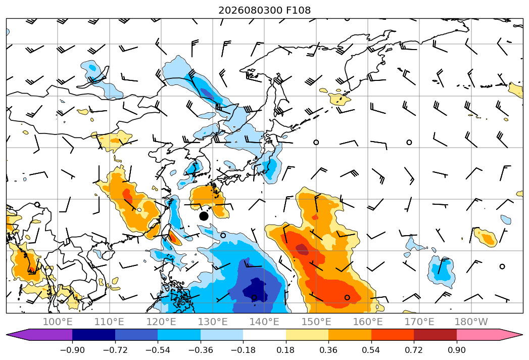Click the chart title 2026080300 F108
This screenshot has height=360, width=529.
coord(265,10)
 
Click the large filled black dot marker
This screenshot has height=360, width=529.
coord(204,216)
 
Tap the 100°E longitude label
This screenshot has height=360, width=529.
coord(58,322)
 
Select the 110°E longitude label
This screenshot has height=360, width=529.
coord(109,322)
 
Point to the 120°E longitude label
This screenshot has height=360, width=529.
coord(161,322)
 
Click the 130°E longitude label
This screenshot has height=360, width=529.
coord(213,322)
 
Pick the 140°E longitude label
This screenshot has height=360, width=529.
coord(265,322)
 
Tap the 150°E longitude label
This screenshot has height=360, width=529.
coord(316,322)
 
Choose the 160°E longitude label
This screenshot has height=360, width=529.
coord(368,322)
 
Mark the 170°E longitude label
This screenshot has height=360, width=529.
coord(419,322)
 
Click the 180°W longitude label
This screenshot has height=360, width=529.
coord(471,322)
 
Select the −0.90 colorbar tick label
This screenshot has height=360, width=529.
coord(72,350)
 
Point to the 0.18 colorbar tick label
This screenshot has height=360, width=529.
coord(286,350)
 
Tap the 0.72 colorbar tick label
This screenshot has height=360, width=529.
coord(414,350)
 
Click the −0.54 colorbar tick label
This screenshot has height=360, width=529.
coord(158,350)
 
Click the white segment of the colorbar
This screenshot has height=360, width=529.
coord(265,334)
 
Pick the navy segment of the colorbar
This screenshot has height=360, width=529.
coord(93,334)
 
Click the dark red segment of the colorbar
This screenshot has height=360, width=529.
coord(435,334)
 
